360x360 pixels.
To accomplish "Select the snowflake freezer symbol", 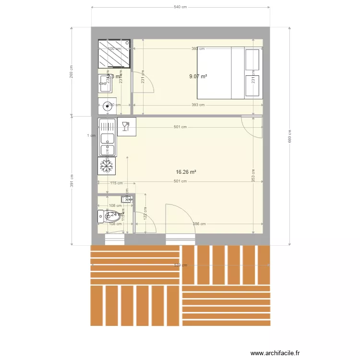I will click(107, 166).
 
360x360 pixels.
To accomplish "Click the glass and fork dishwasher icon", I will click(126, 126).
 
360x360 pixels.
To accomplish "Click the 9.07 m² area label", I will click(198, 76).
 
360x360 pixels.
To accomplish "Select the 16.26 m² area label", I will click(186, 172).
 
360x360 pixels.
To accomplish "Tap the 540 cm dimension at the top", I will click(180, 7).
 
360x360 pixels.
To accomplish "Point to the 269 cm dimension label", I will click(72, 72).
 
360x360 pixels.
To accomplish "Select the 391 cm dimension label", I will click(72, 180).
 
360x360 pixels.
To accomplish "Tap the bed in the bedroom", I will click(230, 72).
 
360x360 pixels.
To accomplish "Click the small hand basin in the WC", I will click(127, 199).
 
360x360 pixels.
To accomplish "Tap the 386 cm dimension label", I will click(199, 224).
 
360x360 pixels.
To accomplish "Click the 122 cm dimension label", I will click(145, 216).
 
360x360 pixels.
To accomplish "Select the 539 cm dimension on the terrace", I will click(180, 265).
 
